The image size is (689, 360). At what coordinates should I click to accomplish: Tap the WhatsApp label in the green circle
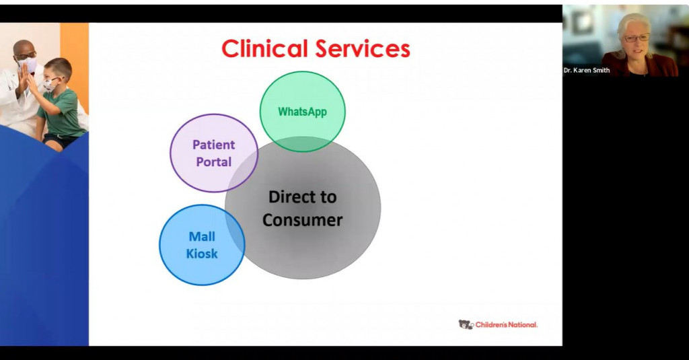pyautogui.click(x=302, y=112)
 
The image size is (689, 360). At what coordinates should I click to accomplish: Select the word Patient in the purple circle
pyautogui.click(x=213, y=145)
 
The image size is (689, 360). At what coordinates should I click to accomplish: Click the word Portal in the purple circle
pyautogui.click(x=213, y=162)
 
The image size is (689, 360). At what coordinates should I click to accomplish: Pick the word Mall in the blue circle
pyautogui.click(x=202, y=237)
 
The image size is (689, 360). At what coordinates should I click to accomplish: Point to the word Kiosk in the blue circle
pyautogui.click(x=202, y=254)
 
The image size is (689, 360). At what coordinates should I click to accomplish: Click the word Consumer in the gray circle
pyautogui.click(x=302, y=220)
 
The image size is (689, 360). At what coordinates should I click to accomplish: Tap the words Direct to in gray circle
pyautogui.click(x=302, y=197)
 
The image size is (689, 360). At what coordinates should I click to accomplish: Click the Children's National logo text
pyautogui.click(x=507, y=325)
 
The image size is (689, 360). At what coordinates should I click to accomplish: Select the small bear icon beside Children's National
pyautogui.click(x=466, y=325)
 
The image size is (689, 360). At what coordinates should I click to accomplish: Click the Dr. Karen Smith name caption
pyautogui.click(x=587, y=70)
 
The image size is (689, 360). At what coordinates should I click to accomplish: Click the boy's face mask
pyautogui.click(x=50, y=85)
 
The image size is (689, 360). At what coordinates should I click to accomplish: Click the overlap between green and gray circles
pyautogui.click(x=303, y=144)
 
